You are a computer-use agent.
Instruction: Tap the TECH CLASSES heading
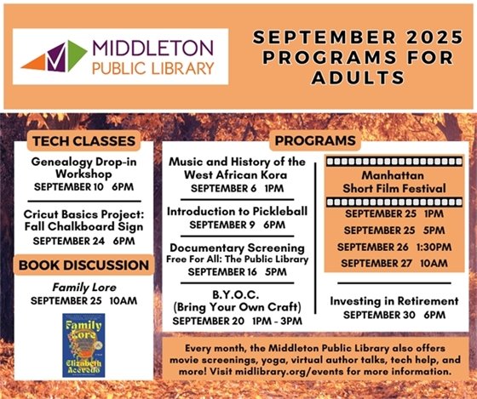click(x=83, y=140)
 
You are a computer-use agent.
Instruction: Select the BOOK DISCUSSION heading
click(x=83, y=265)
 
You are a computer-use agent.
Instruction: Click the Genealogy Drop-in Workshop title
click(x=83, y=166)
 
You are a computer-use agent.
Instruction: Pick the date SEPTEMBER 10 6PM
click(x=83, y=185)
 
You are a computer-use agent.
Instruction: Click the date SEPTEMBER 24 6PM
click(x=83, y=241)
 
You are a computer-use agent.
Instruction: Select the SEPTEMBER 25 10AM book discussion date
click(x=83, y=301)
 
